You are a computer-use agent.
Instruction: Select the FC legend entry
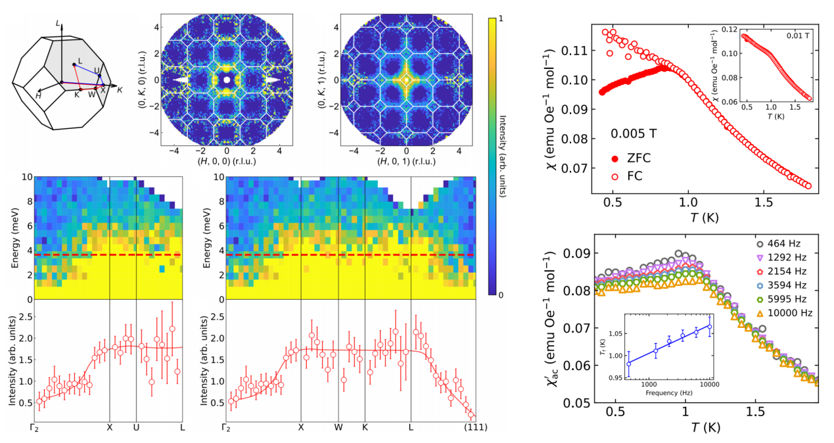point(629,176)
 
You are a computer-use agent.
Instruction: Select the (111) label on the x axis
point(475,427)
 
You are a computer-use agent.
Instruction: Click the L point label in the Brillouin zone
point(80,61)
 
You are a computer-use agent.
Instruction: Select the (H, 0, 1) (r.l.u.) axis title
point(406,162)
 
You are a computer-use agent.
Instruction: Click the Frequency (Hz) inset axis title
point(669,392)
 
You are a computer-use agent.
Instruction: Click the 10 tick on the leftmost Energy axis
point(24,177)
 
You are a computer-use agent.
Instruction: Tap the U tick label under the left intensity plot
point(136,427)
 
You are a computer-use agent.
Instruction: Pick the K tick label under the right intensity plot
point(365,427)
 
